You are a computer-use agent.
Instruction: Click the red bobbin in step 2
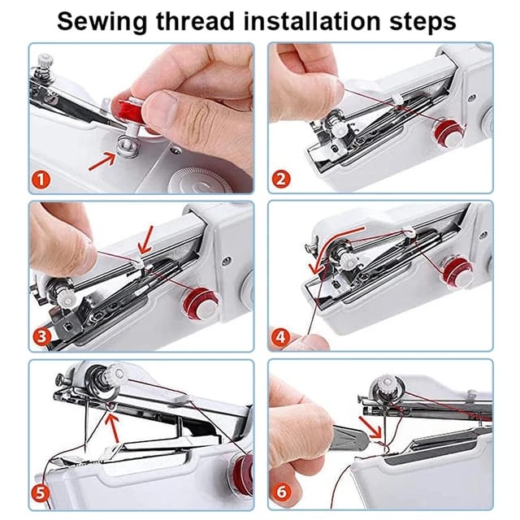pos(444,131)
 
